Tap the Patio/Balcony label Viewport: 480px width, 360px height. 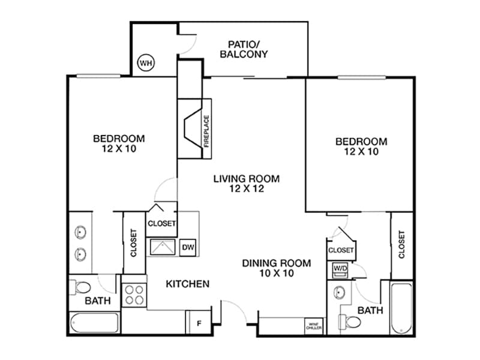[x=248, y=49]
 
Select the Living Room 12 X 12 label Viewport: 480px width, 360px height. [x=247, y=183]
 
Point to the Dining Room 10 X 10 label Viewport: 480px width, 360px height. [x=277, y=268]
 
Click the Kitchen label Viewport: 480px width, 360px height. [x=187, y=283]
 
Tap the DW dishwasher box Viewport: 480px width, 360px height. [x=188, y=247]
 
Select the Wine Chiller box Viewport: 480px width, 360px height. [x=314, y=326]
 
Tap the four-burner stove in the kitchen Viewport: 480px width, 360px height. [x=134, y=295]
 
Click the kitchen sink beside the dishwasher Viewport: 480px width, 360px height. [x=162, y=247]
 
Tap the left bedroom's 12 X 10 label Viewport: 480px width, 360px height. [x=119, y=149]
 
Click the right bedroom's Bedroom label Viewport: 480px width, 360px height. [x=361, y=142]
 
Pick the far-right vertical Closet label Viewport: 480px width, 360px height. [x=401, y=245]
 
